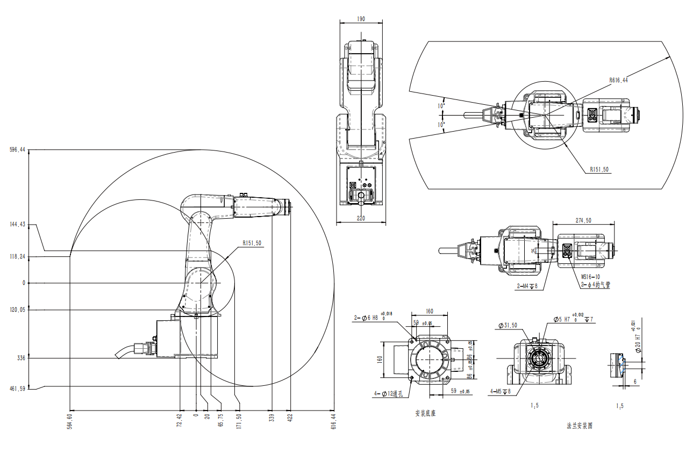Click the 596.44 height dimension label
click(x=18, y=150)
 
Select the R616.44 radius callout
click(x=619, y=80)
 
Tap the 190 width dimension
click(x=361, y=19)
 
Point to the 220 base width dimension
click(x=360, y=219)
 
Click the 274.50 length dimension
click(x=583, y=221)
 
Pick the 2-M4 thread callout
click(x=527, y=285)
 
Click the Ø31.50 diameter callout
click(x=508, y=326)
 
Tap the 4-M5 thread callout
click(x=501, y=391)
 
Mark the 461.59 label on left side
click(x=18, y=388)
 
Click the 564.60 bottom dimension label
click(x=69, y=421)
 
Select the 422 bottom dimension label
click(x=290, y=418)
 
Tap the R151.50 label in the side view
click(x=252, y=243)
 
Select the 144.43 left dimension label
click(x=18, y=225)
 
